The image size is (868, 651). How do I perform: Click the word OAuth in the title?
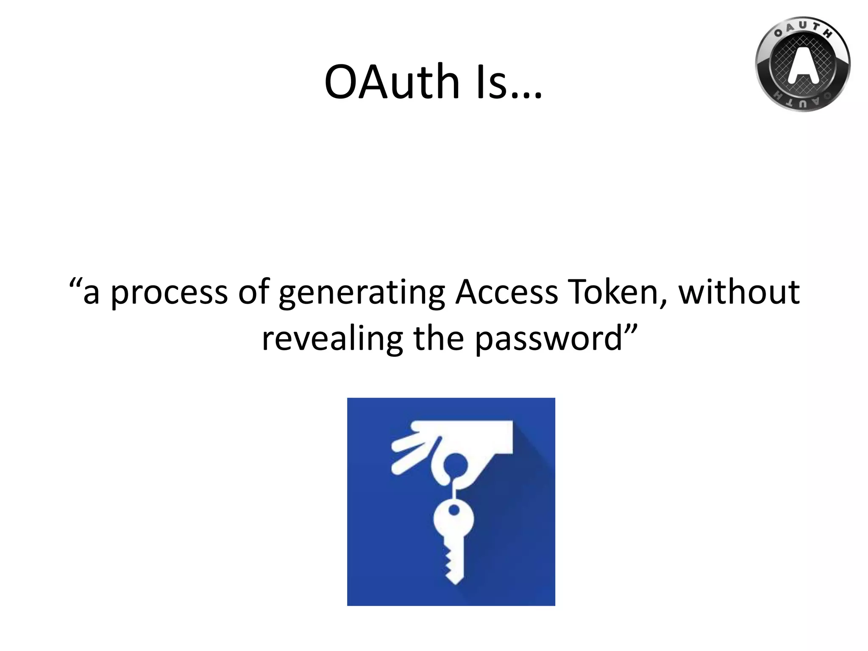(x=392, y=81)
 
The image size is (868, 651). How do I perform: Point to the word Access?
(x=506, y=292)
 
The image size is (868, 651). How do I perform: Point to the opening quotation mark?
(x=75, y=283)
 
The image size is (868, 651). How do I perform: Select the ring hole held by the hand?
(x=455, y=465)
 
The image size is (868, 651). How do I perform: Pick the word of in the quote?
(x=253, y=292)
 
